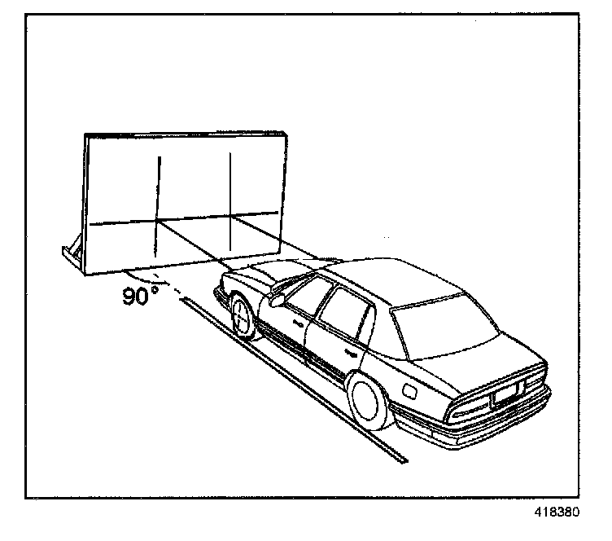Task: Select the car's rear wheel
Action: [371, 401]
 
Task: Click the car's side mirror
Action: [278, 299]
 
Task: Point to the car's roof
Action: [399, 281]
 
